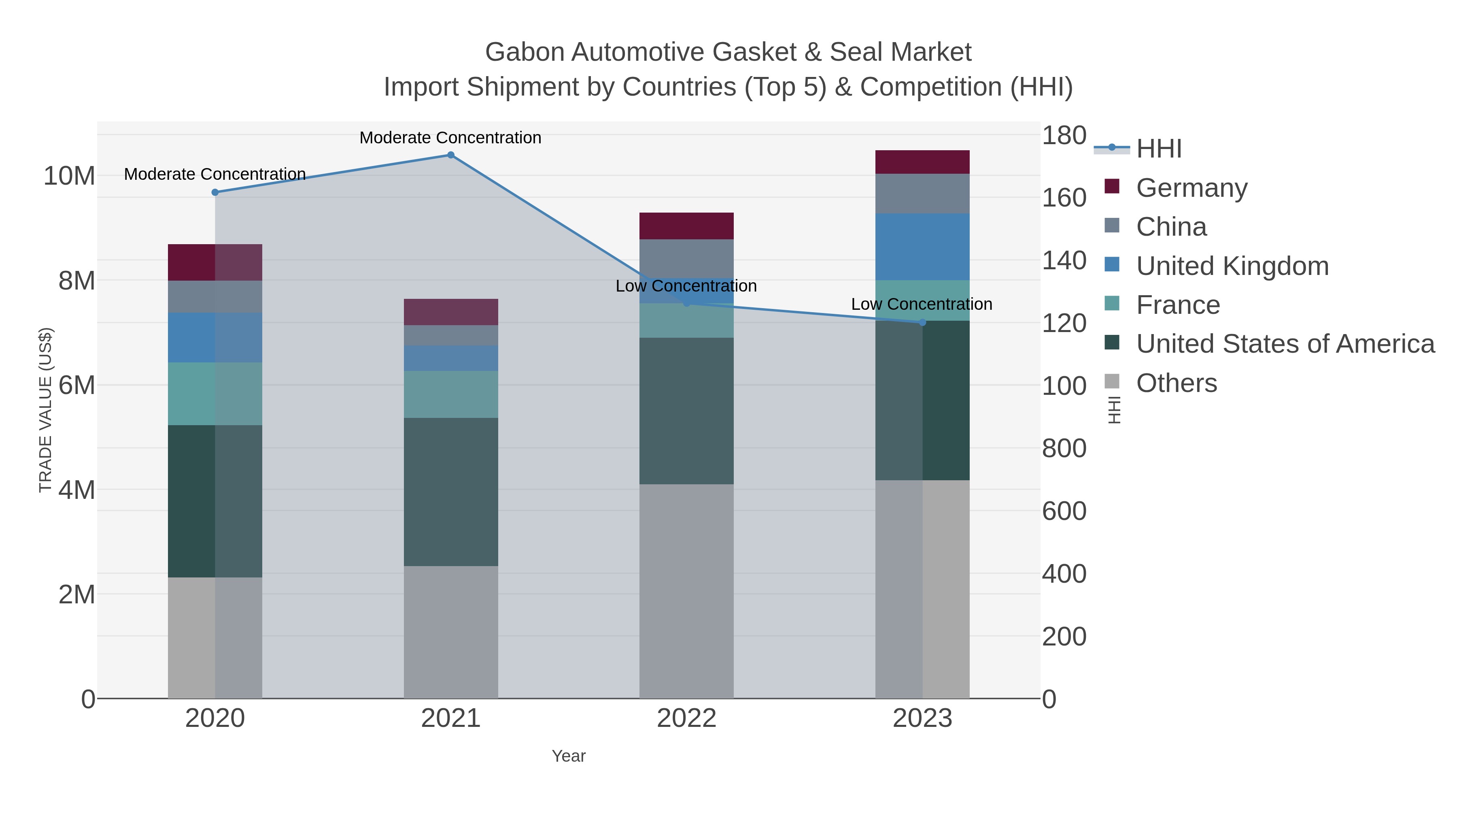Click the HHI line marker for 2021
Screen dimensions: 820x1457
(x=451, y=155)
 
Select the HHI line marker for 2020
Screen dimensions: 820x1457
(x=215, y=192)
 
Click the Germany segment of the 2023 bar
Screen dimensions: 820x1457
(x=922, y=162)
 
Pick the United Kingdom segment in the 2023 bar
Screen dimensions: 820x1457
(x=922, y=247)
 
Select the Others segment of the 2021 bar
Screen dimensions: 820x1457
(x=451, y=632)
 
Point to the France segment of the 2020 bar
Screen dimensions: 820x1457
(x=215, y=394)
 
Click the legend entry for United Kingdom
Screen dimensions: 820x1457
(x=1232, y=266)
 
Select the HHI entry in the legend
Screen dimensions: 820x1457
(x=1158, y=149)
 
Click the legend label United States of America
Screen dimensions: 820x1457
(x=1285, y=344)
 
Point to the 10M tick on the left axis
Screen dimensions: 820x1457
(x=69, y=177)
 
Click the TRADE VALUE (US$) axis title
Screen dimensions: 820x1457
(x=45, y=410)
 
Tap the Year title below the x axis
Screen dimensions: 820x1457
(x=569, y=756)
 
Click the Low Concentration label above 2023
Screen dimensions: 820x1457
(x=922, y=305)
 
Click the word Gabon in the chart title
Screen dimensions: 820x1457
(x=524, y=52)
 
